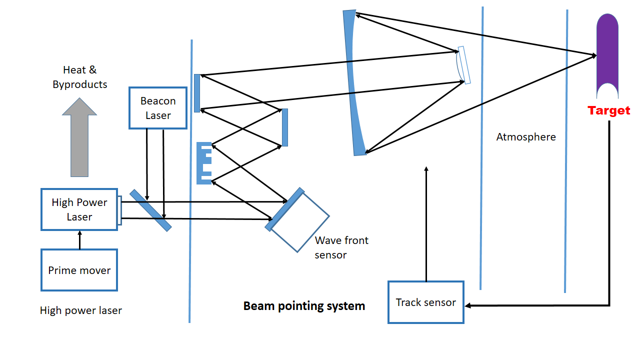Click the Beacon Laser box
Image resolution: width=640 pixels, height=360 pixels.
[x=158, y=108]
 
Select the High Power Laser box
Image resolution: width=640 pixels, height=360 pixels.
[x=79, y=209]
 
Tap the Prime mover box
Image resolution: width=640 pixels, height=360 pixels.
[x=79, y=270]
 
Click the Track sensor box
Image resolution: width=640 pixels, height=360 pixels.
[x=425, y=302]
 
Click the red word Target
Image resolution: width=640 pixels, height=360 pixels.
[x=608, y=110]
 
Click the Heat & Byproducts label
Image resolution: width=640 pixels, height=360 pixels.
[x=80, y=77]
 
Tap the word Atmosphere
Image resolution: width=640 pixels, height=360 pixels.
[x=525, y=136]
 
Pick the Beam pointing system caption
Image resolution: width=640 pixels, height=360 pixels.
[x=304, y=305]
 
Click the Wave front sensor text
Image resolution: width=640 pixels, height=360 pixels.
[x=341, y=247]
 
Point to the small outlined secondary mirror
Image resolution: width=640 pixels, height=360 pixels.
[x=463, y=65]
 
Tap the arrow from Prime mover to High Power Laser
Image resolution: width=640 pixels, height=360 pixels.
[x=79, y=239]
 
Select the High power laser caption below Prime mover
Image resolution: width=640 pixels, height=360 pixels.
[x=80, y=310]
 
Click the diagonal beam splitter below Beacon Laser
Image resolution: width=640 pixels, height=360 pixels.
[x=150, y=210]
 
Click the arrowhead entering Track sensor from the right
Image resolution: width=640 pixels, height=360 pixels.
[x=468, y=305]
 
